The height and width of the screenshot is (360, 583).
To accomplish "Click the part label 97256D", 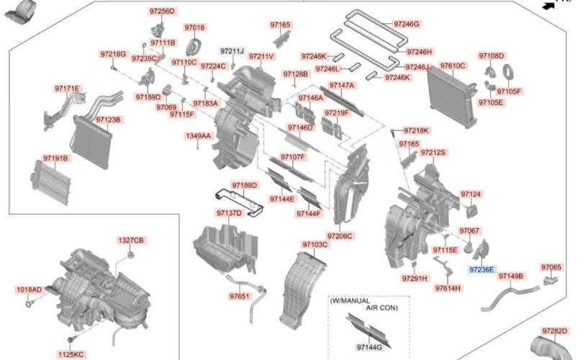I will pyautogui.click(x=162, y=12).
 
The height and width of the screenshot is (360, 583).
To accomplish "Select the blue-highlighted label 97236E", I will pyautogui.click(x=482, y=269).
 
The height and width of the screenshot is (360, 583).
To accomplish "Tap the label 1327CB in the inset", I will pyautogui.click(x=131, y=240).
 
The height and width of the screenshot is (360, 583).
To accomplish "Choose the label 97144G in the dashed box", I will pyautogui.click(x=369, y=348).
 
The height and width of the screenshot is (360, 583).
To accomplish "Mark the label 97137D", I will pyautogui.click(x=229, y=213).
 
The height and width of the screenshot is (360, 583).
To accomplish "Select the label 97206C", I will pyautogui.click(x=339, y=236).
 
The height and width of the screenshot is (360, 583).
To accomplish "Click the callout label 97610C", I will pyautogui.click(x=453, y=66).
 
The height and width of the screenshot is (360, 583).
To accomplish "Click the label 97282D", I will pyautogui.click(x=554, y=330).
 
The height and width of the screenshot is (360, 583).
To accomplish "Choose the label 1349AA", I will pyautogui.click(x=198, y=135).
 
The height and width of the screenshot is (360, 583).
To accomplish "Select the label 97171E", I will pyautogui.click(x=67, y=89).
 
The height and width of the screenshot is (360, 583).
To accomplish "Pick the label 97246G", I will pyautogui.click(x=406, y=24).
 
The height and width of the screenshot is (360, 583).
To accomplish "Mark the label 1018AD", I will pyautogui.click(x=29, y=290).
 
